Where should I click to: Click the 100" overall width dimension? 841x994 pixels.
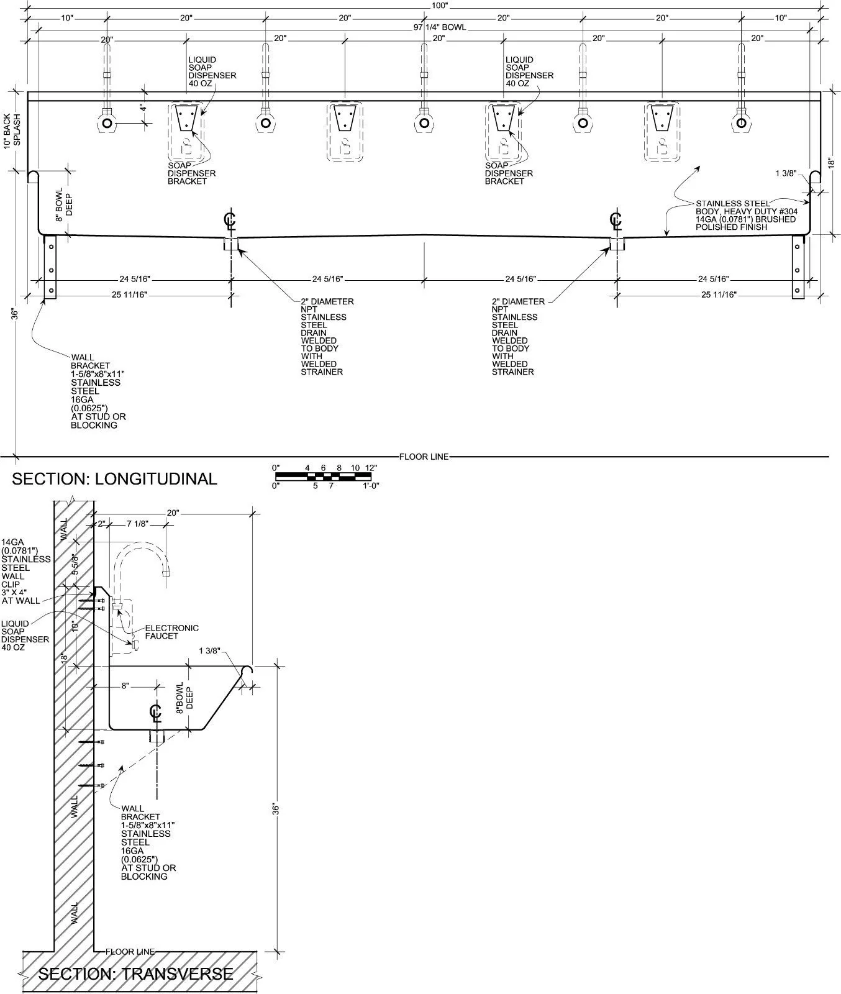pos(439,5)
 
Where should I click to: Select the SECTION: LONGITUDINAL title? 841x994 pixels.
pos(114,479)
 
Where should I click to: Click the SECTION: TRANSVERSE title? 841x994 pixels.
pos(135,974)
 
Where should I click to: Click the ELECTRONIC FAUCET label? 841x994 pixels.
pos(172,632)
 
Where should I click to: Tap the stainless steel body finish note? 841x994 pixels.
pos(746,215)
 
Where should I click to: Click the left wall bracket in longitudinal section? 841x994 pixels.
pos(50,267)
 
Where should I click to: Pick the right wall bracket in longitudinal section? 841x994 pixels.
pos(798,267)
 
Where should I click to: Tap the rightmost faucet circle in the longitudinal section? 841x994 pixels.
pos(741,123)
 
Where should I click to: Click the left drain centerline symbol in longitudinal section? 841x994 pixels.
pos(231,221)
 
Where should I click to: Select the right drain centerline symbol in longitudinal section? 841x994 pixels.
pos(616,221)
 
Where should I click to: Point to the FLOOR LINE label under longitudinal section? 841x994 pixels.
pos(424,457)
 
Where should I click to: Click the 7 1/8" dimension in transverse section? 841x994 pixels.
pos(137,524)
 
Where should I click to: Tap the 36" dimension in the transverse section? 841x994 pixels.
pos(276,809)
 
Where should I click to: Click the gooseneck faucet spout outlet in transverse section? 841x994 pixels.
pos(166,575)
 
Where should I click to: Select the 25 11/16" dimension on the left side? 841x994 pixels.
pos(129,294)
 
